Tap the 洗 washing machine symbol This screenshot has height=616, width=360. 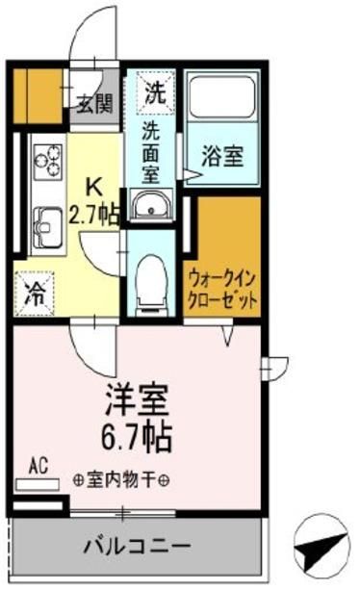pos(153,93)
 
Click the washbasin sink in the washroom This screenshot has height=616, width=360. pos(149,205)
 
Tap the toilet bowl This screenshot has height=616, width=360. pos(149,279)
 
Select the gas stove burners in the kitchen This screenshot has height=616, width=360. pos(46,161)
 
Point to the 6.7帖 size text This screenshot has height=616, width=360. pos(138,439)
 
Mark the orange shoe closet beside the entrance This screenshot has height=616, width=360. pos(38,93)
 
